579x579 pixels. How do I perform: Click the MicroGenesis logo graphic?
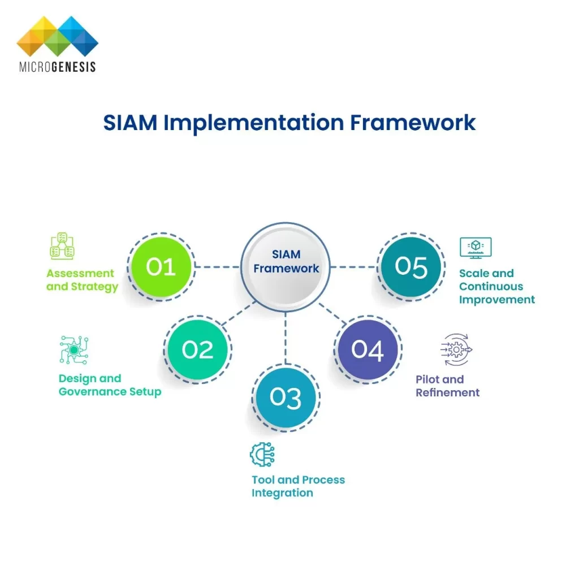(58, 36)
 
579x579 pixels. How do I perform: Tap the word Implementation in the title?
(254, 123)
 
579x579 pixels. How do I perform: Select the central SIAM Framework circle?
(286, 267)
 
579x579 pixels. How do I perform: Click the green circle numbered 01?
(161, 267)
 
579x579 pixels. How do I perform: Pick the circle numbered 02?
(197, 349)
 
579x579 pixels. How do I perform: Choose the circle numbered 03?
(286, 397)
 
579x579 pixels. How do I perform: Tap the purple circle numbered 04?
(368, 349)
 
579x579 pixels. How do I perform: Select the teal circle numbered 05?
(411, 267)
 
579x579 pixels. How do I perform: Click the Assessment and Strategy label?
(82, 280)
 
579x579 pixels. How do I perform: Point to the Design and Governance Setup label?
(110, 385)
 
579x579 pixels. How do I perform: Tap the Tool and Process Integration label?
(299, 486)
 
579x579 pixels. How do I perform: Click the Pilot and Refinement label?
(448, 386)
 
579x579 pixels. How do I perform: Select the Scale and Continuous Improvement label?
(497, 287)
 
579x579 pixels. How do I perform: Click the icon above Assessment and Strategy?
(62, 246)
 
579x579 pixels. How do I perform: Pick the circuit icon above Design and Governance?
(74, 349)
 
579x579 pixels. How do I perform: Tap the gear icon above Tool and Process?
(262, 454)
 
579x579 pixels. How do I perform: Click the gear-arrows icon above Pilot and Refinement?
(456, 349)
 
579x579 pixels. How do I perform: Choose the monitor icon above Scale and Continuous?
(476, 248)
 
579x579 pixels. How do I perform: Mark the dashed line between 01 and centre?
(217, 267)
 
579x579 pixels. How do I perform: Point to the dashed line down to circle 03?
(286, 338)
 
